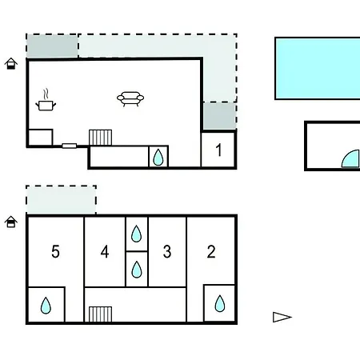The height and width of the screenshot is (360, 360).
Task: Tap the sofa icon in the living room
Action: pos(130,98)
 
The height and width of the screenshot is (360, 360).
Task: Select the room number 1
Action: pos(218,150)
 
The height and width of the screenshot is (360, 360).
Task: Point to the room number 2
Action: pos(211,251)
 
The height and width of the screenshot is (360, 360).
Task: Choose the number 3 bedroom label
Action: pos(167,251)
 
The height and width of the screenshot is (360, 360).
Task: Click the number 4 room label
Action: pos(105,251)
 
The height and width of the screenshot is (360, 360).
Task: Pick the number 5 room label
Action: pos(55,251)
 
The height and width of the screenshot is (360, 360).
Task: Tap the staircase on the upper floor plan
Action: pos(100,138)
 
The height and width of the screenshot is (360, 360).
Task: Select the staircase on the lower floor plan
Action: pos(100,314)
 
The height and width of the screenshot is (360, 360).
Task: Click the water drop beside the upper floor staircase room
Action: pos(158,157)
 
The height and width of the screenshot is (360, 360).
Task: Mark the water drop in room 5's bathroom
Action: pos(46,306)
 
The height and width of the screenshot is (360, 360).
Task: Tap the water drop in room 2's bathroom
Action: pos(220,303)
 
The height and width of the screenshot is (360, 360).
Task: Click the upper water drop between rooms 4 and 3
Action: pos(136,234)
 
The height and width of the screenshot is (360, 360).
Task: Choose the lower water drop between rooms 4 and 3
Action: pos(137,270)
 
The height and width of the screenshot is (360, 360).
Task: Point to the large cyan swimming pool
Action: pos(318,69)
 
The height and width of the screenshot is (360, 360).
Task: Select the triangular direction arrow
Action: pos(282,317)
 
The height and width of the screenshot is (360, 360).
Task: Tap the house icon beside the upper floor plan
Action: pos(11,63)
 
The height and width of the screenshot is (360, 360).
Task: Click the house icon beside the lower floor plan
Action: pos(11,222)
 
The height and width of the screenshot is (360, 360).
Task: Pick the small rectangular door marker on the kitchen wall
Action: pos(70,146)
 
